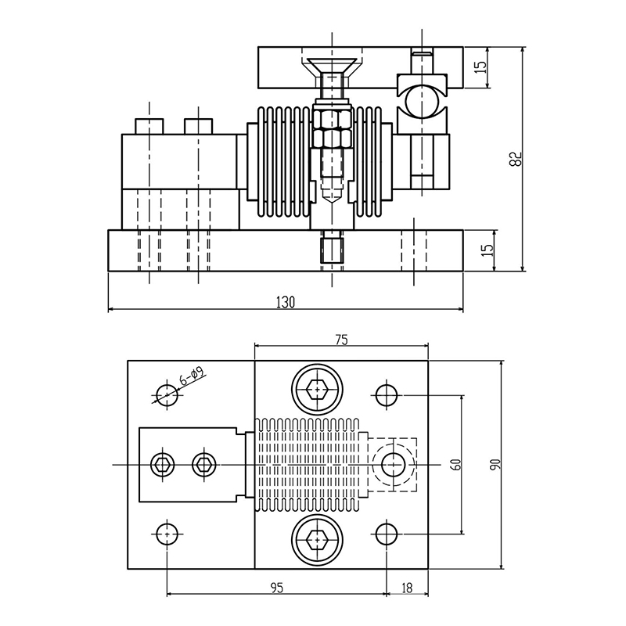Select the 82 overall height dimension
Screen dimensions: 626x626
click(x=514, y=159)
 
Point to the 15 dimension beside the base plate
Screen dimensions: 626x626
click(x=487, y=250)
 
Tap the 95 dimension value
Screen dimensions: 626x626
click(x=277, y=585)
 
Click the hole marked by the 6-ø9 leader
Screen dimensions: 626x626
click(x=167, y=394)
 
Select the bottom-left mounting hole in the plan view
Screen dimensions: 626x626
click(x=167, y=534)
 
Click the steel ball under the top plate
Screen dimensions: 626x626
click(x=422, y=103)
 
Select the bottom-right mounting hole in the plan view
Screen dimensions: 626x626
click(x=386, y=534)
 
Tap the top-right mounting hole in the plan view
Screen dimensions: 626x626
click(x=386, y=394)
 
